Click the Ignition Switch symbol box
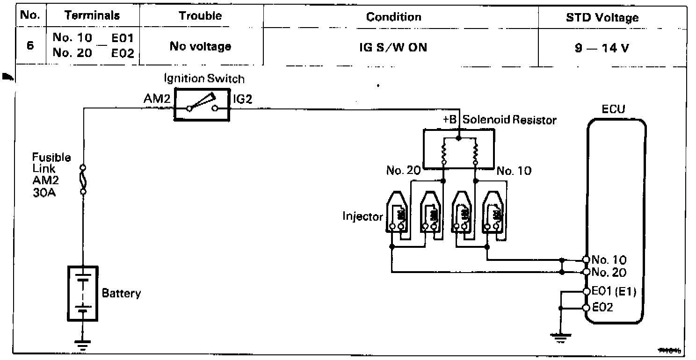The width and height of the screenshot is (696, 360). pyautogui.click(x=202, y=105)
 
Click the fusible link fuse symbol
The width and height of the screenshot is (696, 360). pyautogui.click(x=83, y=179)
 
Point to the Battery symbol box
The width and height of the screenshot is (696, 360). pyautogui.click(x=83, y=294)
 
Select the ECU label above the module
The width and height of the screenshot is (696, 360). pyautogui.click(x=613, y=109)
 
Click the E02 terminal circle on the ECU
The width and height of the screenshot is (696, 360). pyautogui.click(x=586, y=308)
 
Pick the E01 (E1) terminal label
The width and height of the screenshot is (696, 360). pyautogui.click(x=614, y=291)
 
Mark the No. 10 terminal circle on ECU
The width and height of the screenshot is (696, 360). pyautogui.click(x=586, y=259)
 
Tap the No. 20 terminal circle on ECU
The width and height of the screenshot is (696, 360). pyautogui.click(x=586, y=272)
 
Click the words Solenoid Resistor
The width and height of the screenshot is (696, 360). pyautogui.click(x=509, y=120)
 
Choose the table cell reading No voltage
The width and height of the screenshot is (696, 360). pyautogui.click(x=200, y=46)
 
